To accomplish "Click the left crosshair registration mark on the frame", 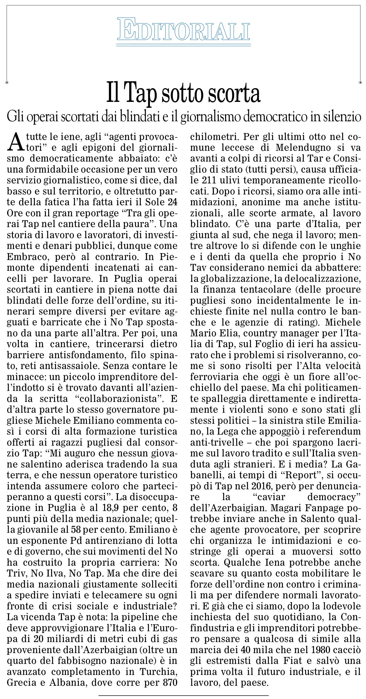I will pos(7,82).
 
